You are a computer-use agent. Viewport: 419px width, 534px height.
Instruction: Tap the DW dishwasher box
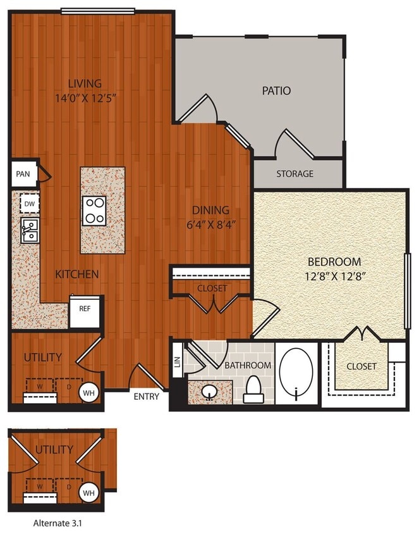tap(28, 204)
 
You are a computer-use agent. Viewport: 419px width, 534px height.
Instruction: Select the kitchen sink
tap(29, 230)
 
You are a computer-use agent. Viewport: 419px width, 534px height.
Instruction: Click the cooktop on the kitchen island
tap(95, 211)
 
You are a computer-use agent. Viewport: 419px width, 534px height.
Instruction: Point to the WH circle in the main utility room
tap(87, 392)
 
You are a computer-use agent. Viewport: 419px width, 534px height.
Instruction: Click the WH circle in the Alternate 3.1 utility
tap(87, 492)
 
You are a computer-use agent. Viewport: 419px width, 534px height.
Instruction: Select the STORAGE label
tap(295, 173)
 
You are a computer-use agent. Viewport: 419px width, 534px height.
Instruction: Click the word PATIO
tap(276, 90)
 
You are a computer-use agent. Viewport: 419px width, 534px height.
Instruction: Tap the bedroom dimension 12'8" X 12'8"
tap(334, 275)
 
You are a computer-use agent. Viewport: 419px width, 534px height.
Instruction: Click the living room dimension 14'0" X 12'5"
tap(86, 97)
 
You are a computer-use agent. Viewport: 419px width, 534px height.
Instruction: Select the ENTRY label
tap(147, 397)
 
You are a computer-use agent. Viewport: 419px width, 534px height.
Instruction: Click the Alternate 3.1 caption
tap(58, 523)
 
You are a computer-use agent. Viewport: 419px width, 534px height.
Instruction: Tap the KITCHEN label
tap(76, 274)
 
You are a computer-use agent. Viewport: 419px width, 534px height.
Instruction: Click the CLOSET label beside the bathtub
tap(361, 366)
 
